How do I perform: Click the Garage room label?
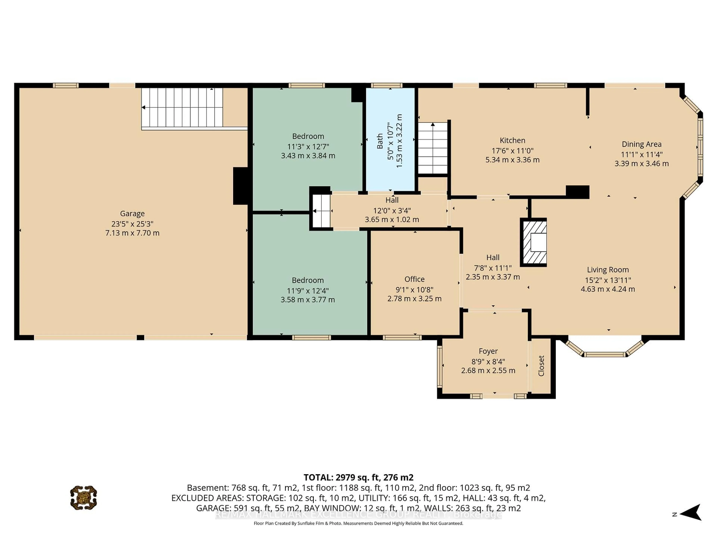click(x=132, y=213)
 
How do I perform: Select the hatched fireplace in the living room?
click(x=533, y=242)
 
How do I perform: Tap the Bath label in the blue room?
click(x=380, y=141)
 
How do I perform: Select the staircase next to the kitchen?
click(x=432, y=148)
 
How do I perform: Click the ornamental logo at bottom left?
click(x=84, y=497)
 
